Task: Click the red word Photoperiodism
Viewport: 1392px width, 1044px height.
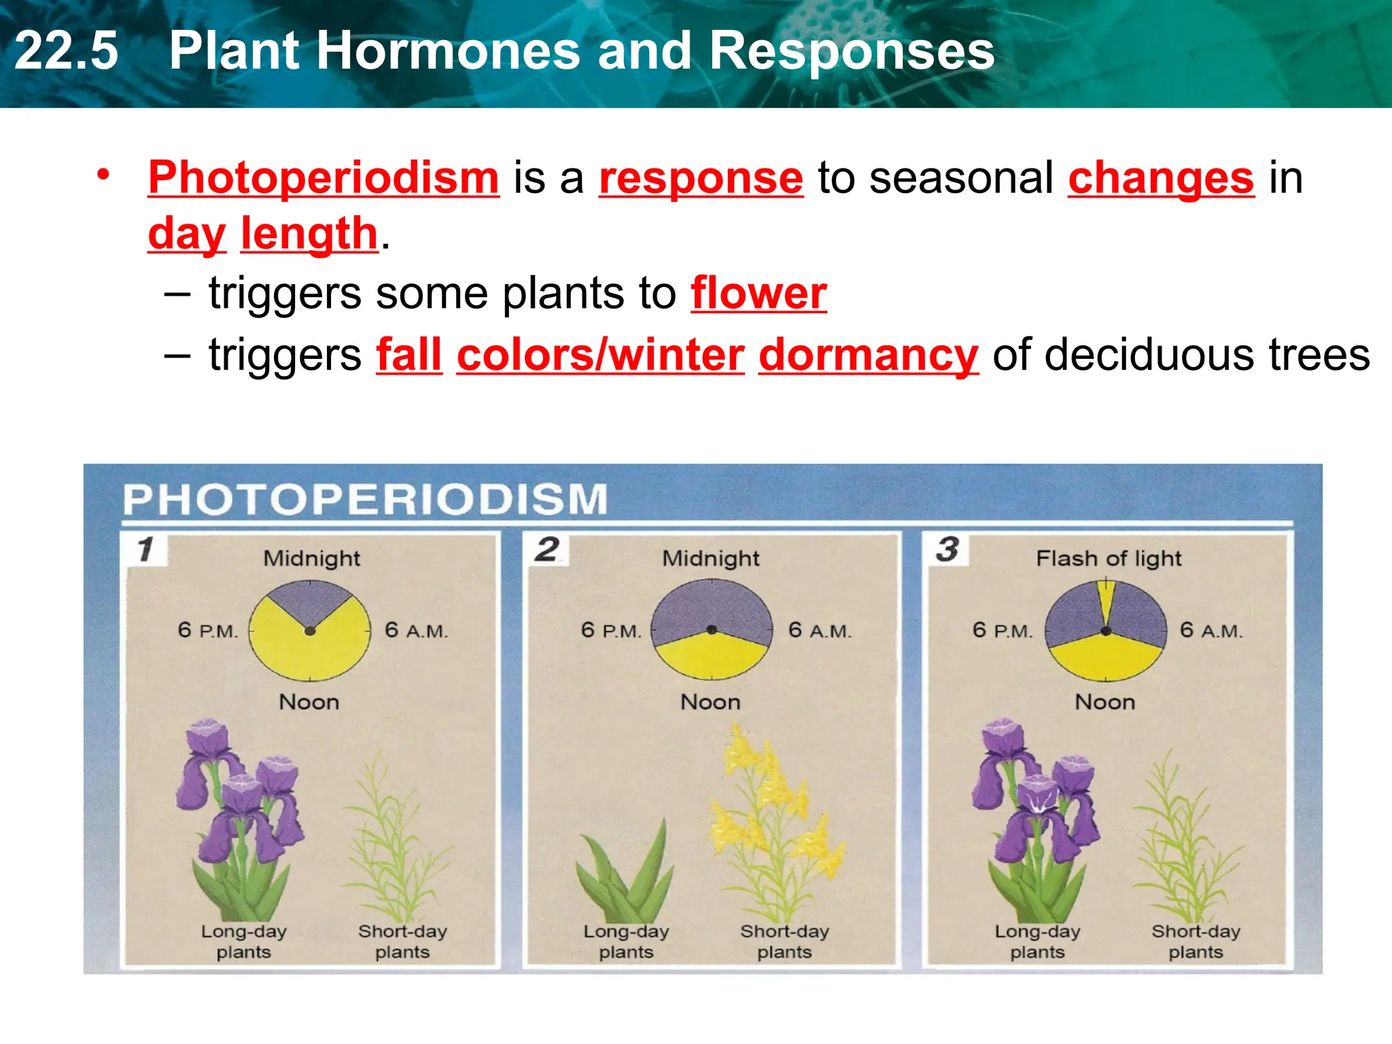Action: coord(324,178)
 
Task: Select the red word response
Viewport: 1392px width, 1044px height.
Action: coord(701,178)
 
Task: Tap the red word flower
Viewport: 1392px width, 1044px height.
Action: coord(759,294)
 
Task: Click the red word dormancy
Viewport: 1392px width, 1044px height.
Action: coord(868,355)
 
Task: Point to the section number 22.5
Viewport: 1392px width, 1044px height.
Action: coord(66,51)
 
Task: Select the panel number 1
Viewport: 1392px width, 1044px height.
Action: coord(145,549)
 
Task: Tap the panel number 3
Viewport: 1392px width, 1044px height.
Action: coord(947,549)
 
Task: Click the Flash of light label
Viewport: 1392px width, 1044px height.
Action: coord(1109,559)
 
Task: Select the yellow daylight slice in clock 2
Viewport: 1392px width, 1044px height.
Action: coord(711,657)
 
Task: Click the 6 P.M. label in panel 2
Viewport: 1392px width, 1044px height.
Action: coord(611,631)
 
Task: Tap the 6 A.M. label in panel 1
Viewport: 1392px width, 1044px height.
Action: coord(416,631)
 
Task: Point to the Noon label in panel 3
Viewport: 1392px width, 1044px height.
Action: coord(1104,702)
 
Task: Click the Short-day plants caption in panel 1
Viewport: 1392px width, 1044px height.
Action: coord(402,941)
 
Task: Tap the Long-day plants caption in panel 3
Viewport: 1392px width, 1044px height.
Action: coord(1037,941)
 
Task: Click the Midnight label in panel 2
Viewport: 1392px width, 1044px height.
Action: coord(710,559)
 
